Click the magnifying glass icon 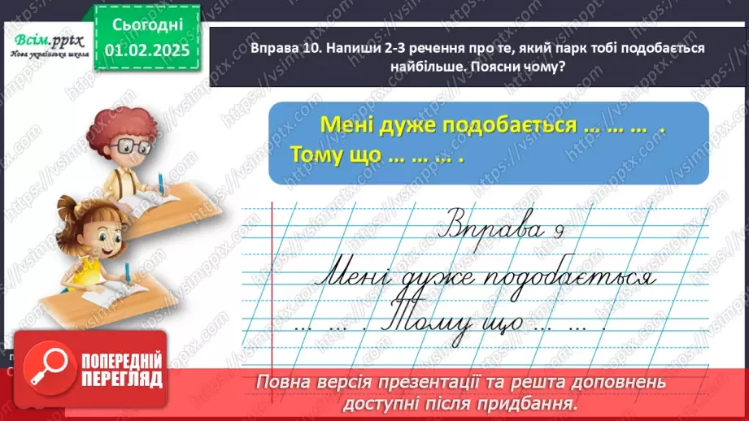point(46,367)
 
